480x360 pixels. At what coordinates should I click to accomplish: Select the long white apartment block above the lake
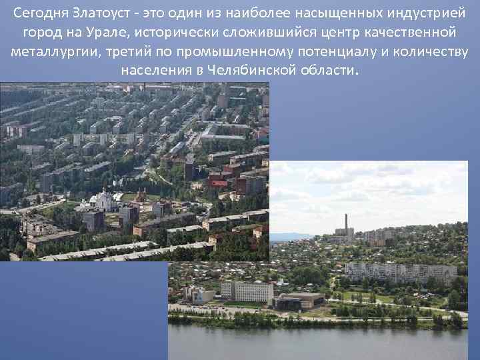(400, 271)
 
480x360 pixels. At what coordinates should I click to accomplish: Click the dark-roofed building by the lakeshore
(299, 300)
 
